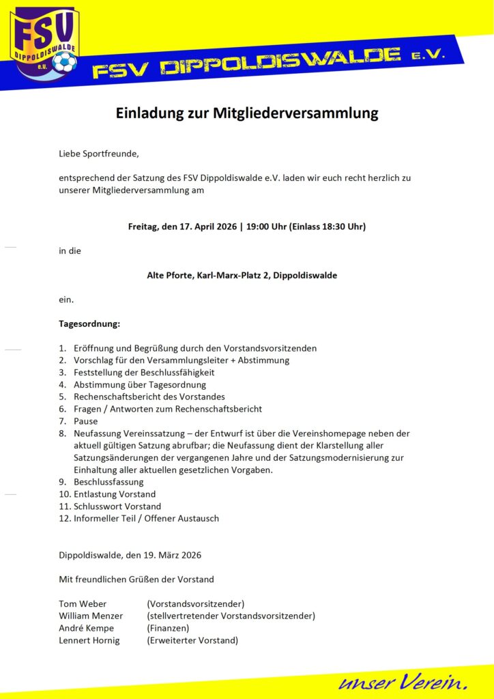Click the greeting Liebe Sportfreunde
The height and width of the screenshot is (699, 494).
point(99,154)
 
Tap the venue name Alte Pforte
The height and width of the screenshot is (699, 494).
point(170,276)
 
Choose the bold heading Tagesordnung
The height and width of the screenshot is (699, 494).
point(89,323)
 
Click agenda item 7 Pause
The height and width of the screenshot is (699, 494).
point(86,421)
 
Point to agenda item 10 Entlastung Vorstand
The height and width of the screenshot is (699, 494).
point(115,494)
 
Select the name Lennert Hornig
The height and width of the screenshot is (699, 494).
point(89,641)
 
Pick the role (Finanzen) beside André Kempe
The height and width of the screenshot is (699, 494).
point(168,629)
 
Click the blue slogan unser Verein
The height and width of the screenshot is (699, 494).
point(403,681)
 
